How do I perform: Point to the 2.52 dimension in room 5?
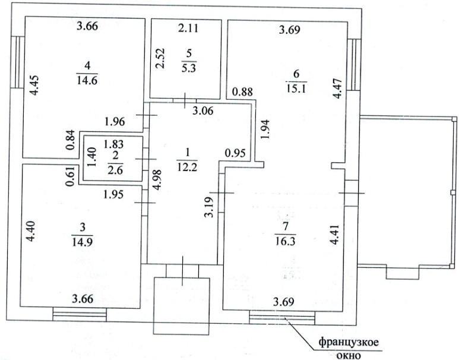click(160, 58)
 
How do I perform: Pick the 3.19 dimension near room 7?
click(209, 205)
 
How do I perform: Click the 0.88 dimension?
click(242, 91)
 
